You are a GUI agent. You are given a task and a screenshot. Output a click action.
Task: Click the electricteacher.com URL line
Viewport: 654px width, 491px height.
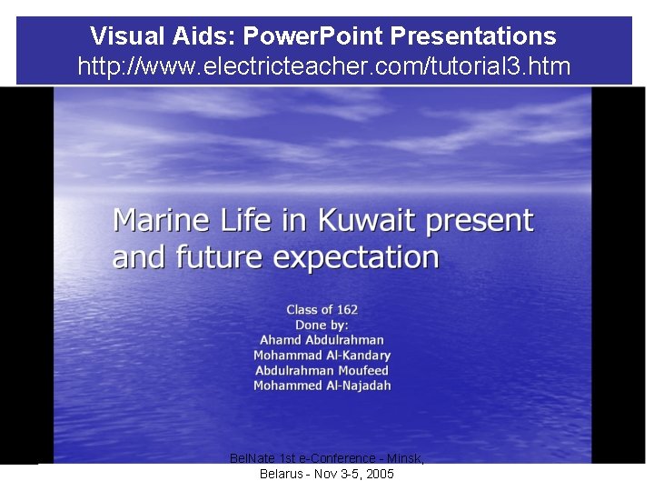click(323, 66)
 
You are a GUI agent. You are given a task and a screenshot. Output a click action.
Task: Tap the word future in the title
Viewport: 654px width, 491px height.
click(222, 257)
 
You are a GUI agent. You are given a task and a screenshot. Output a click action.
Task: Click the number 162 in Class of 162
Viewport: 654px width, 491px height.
click(346, 310)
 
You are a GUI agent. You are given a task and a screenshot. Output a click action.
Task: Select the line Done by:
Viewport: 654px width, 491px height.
click(322, 325)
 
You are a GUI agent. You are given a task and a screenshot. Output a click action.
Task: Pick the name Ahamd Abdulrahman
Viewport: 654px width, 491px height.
click(322, 340)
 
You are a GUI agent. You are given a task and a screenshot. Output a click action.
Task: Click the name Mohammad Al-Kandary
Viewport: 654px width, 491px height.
click(322, 356)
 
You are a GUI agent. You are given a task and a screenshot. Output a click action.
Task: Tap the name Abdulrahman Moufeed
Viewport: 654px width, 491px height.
click(322, 370)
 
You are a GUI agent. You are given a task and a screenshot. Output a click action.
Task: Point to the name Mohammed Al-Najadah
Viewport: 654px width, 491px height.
click(322, 386)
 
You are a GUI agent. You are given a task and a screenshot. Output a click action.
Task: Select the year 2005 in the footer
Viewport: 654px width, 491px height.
click(379, 475)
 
